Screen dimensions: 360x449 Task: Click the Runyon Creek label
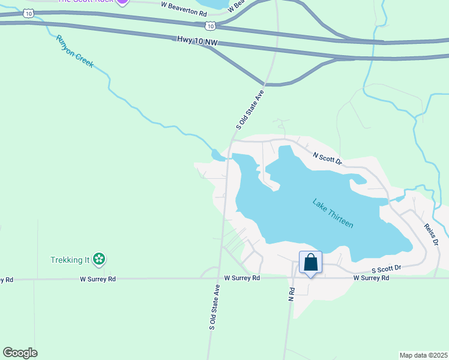tap(75, 51)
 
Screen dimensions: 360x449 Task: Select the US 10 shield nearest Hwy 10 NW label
tap(208, 25)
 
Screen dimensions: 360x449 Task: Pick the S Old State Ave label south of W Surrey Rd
tap(212, 307)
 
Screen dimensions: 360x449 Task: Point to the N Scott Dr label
tap(328, 158)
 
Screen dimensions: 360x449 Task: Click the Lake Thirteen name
tap(333, 213)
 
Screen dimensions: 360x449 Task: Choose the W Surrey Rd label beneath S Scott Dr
tap(371, 278)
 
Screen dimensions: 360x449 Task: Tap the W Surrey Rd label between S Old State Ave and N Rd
tap(242, 278)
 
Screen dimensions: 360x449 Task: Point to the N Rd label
tap(291, 294)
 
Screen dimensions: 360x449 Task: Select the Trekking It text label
tap(70, 260)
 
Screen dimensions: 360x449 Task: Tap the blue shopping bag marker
tap(310, 263)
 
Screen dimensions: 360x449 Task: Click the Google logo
tap(20, 353)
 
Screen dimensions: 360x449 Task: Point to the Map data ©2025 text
tap(423, 355)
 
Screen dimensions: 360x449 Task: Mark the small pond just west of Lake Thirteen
tap(218, 155)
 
